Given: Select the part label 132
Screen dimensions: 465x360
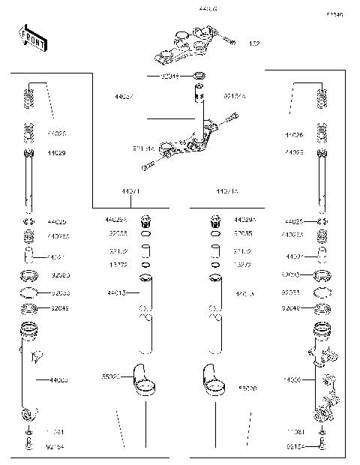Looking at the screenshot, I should [x=254, y=43].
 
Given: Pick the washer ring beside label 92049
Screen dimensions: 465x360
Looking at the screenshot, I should [x=200, y=76].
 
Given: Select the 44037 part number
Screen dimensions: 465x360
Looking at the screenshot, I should [x=124, y=97].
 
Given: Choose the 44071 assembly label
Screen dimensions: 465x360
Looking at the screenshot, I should [x=131, y=192].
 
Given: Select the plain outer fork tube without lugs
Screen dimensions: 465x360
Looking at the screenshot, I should [x=28, y=367].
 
